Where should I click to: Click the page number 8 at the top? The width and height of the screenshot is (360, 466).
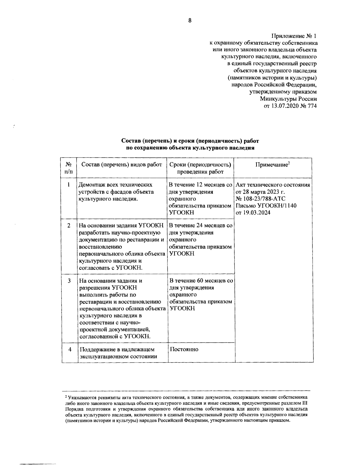point(190,20)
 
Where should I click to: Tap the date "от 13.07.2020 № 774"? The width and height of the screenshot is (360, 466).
point(290,106)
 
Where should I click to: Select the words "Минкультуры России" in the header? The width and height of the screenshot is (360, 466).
point(288,99)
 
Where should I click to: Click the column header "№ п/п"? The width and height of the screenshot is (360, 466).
point(69,168)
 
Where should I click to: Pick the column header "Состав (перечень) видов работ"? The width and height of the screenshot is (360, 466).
point(122,165)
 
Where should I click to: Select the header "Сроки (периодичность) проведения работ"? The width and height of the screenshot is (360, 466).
point(200,168)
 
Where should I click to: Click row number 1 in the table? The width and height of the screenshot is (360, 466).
point(69,185)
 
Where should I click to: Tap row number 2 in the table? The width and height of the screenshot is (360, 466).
point(69,226)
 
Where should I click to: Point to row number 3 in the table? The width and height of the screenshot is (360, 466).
point(69,281)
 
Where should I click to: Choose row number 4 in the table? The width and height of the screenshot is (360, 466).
point(70,350)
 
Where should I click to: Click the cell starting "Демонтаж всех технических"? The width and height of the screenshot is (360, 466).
point(116,192)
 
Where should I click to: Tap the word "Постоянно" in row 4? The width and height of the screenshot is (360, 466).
point(184,350)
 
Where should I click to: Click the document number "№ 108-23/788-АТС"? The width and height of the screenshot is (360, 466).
point(261,199)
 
